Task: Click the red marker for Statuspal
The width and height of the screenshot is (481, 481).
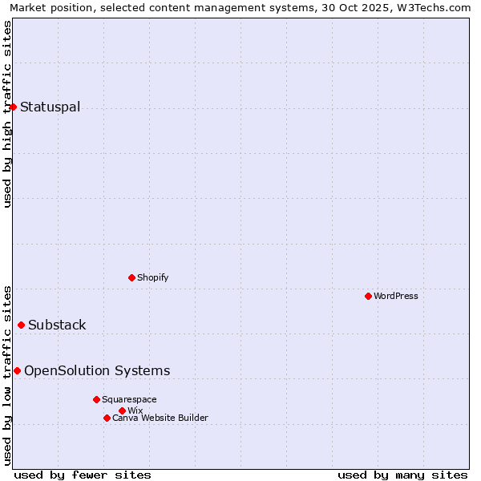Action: tap(13, 107)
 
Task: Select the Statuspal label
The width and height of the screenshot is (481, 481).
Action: tap(50, 107)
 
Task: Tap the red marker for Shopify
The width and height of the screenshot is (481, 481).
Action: tap(131, 277)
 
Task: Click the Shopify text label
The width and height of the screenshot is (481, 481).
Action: tap(152, 277)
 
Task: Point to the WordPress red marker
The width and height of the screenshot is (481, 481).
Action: tap(368, 296)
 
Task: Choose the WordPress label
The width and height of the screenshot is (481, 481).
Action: tap(395, 296)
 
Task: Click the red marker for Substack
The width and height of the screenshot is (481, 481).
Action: tap(21, 325)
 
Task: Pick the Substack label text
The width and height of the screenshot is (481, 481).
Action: tap(57, 325)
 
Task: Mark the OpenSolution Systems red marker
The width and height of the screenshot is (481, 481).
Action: tap(17, 370)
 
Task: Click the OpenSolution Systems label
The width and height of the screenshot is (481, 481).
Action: tap(97, 370)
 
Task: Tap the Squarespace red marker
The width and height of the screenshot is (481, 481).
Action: tap(96, 399)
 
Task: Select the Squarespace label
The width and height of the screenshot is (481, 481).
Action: tap(129, 399)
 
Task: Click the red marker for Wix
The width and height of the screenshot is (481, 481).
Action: tap(122, 410)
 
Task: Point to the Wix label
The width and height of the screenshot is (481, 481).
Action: tap(135, 410)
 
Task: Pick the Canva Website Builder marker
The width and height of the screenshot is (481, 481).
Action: tap(107, 418)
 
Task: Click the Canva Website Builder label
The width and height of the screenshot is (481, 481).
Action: tap(160, 418)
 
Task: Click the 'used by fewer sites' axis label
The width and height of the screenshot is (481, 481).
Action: tap(83, 475)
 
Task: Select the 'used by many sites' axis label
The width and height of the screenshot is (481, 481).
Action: tap(402, 475)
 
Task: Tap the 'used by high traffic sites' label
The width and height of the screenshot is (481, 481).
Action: tap(7, 114)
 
